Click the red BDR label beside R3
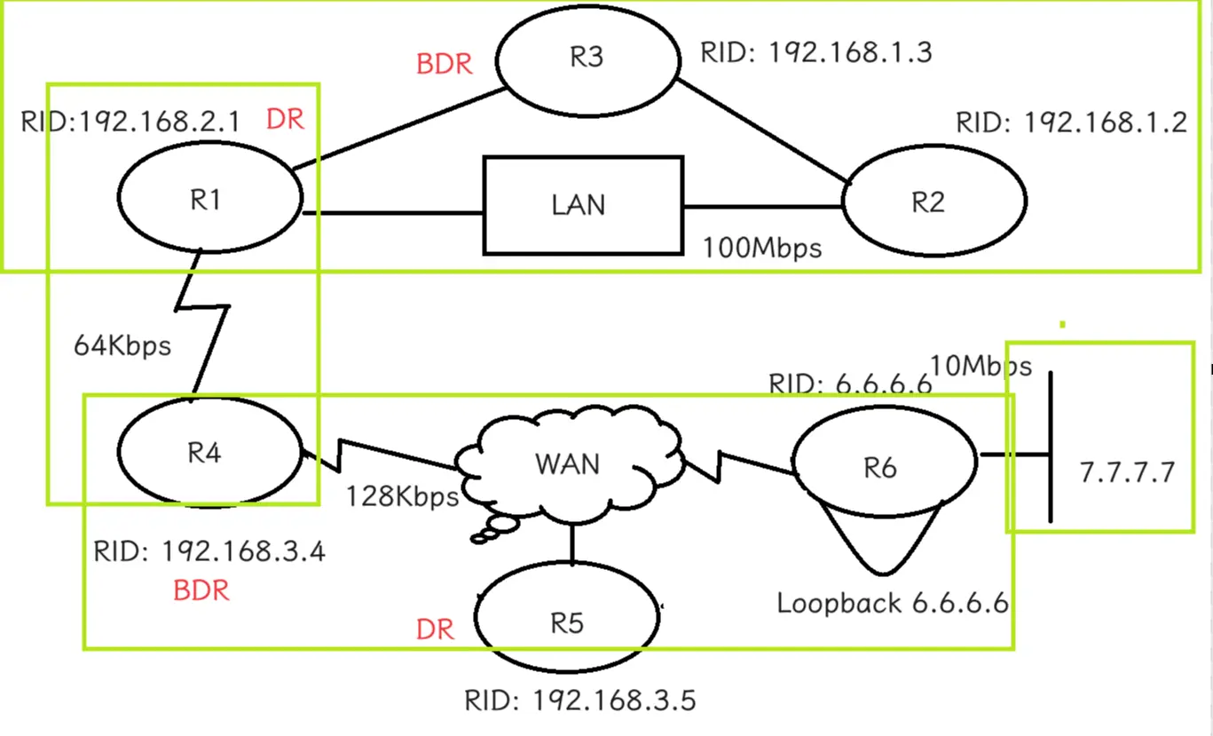[444, 64]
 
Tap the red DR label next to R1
[286, 119]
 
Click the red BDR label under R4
[201, 590]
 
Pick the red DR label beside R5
[435, 629]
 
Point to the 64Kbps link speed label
[122, 345]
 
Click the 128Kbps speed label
[402, 496]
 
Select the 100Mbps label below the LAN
[762, 249]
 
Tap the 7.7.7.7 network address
[1128, 472]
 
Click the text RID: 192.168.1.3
[816, 52]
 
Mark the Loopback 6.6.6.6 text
[893, 603]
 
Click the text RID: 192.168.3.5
[580, 700]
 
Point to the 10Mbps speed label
[981, 366]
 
